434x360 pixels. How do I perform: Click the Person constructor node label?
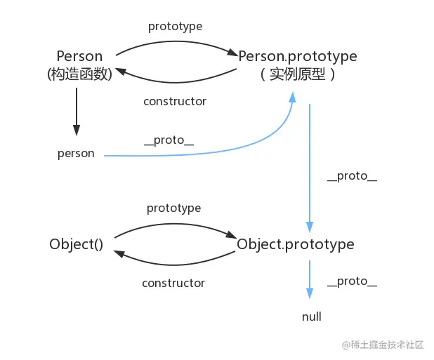79,56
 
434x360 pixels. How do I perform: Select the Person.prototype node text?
297,56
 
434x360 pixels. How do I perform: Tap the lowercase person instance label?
76,154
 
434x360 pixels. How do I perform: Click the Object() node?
77,244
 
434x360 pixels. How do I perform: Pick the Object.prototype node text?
296,244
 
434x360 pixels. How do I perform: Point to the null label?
311,316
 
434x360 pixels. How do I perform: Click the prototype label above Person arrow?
175,27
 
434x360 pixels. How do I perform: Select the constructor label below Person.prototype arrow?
175,101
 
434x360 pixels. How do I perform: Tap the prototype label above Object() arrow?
173,208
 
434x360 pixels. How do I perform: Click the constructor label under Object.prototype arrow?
173,283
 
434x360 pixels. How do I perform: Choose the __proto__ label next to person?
169,140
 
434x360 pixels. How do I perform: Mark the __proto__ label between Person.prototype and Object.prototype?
352,175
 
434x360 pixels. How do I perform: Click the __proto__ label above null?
352,281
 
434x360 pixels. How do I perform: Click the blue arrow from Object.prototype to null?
309,281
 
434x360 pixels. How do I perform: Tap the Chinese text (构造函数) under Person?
79,74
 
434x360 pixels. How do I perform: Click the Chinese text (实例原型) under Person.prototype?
297,74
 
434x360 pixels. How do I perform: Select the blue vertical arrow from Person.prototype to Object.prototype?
309,168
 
